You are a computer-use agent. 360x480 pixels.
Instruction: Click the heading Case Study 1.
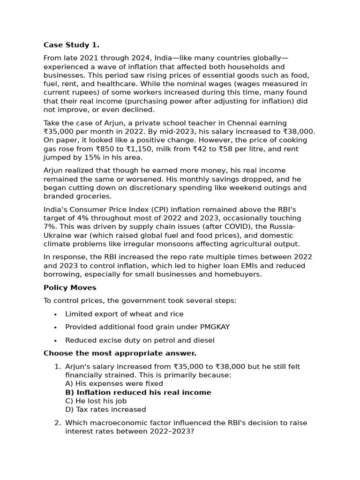[71, 45]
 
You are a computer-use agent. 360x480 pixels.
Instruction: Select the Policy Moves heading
[70, 287]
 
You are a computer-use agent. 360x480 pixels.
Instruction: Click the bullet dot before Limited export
[55, 314]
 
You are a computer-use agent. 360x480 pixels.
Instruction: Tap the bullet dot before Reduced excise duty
[55, 340]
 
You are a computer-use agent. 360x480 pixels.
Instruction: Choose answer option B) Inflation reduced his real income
[138, 392]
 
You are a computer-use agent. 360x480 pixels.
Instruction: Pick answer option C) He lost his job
[96, 401]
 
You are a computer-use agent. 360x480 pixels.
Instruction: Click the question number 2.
[57, 423]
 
